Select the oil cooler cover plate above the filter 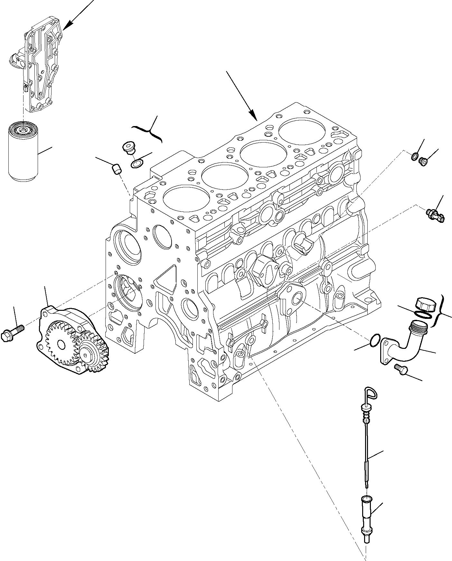tap(42, 69)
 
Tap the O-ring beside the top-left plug tap(137, 163)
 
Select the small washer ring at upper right tap(414, 157)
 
